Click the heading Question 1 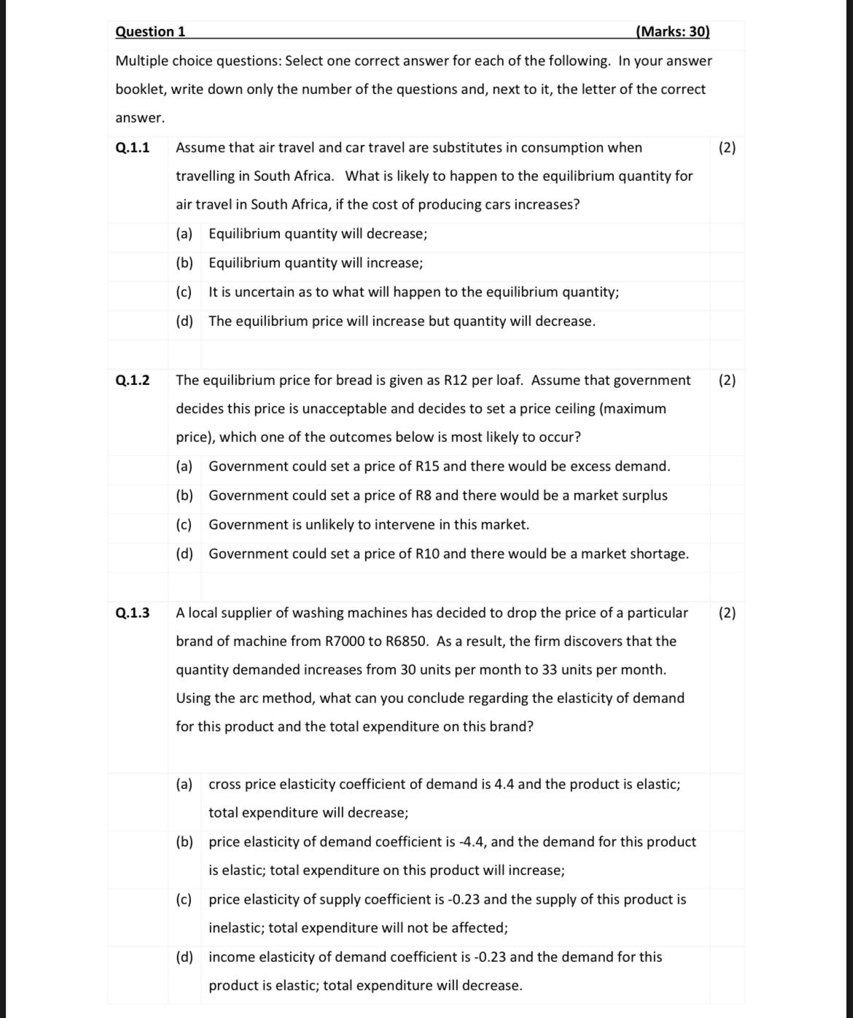pyautogui.click(x=150, y=31)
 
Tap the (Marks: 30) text pyautogui.click(x=672, y=31)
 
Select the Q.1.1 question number pyautogui.click(x=133, y=147)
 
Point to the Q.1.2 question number pyautogui.click(x=133, y=380)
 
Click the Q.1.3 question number pyautogui.click(x=133, y=613)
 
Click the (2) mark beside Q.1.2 pyautogui.click(x=727, y=380)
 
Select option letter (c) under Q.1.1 pyautogui.click(x=184, y=292)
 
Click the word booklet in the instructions pyautogui.click(x=139, y=89)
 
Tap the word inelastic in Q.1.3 pyautogui.click(x=237, y=928)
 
